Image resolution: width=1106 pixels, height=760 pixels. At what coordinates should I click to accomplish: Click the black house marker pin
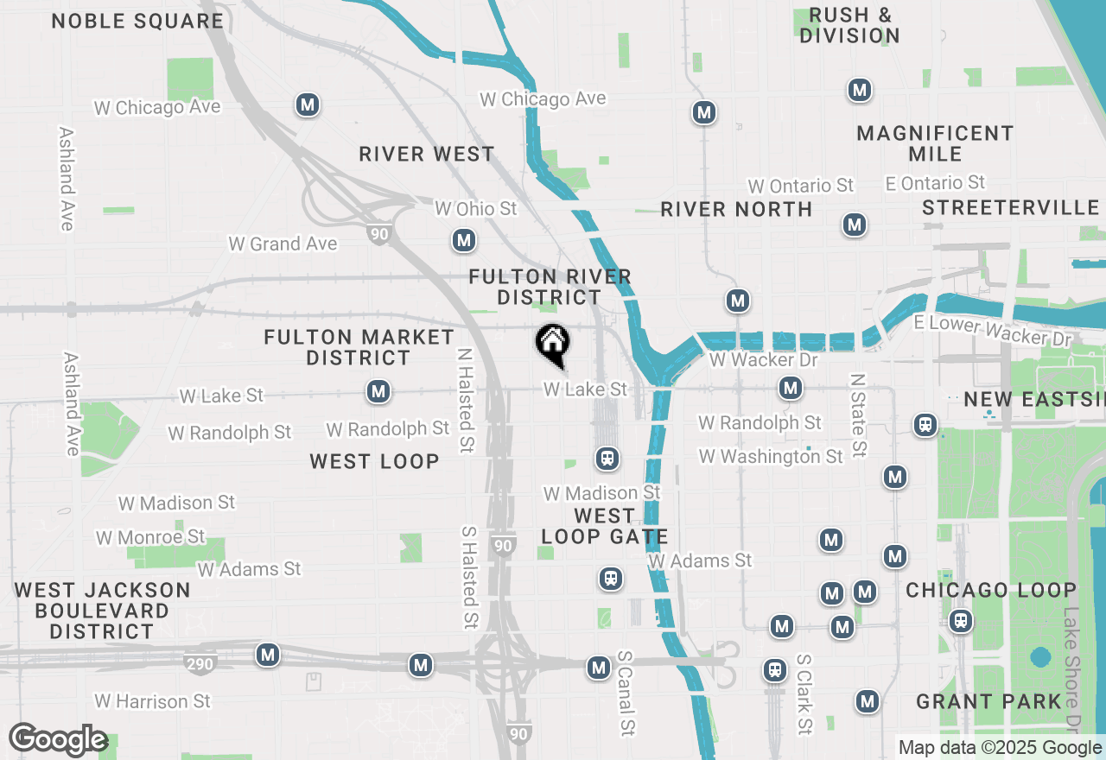553,345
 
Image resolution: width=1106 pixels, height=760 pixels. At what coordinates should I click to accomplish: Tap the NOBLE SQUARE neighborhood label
137,22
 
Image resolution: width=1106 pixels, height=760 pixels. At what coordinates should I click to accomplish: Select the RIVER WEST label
427,155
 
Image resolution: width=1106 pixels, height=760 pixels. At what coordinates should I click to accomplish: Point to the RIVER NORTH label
736,209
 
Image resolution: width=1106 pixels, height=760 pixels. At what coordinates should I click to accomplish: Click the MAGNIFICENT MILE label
935,143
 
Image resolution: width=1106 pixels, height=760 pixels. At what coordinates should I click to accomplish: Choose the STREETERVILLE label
1010,207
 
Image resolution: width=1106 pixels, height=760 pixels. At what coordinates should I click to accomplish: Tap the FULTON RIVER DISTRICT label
550,287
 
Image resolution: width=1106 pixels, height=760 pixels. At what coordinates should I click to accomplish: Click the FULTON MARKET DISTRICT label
359,347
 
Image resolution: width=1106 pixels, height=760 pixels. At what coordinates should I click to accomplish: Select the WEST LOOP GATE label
604,526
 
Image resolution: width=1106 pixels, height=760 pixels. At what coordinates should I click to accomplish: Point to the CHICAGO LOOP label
991,591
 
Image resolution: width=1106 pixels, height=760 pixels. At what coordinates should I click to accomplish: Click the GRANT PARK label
988,701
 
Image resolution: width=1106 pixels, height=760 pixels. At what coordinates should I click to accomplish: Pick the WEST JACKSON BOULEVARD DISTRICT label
103,611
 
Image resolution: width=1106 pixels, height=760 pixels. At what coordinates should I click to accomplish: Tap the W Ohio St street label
475,209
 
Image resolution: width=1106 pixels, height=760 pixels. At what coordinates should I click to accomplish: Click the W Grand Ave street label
283,244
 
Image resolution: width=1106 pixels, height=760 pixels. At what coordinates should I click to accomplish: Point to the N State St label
857,415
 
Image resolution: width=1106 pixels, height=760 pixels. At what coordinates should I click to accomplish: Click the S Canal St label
626,693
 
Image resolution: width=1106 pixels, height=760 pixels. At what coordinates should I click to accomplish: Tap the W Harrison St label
152,700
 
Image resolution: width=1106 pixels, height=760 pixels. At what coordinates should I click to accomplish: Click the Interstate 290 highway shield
199,664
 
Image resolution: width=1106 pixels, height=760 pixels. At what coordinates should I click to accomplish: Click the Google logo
58,739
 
